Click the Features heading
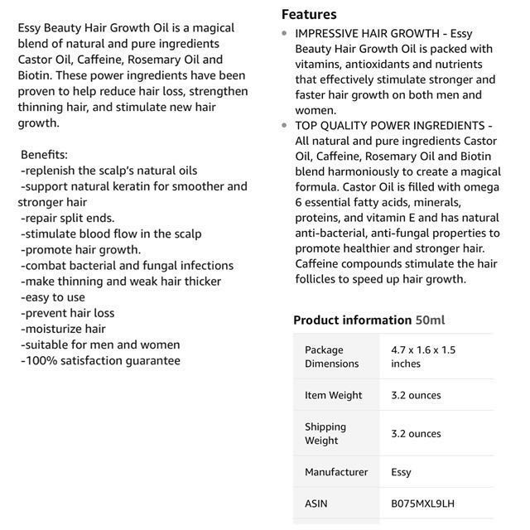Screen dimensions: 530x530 pos(309,14)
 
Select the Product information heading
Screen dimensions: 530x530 pos(352,320)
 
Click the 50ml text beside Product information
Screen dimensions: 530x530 pos(431,320)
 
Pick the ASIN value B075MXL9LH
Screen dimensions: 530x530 pos(422,503)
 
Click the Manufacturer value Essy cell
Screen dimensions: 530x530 pos(401,472)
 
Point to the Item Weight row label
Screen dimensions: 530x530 pos(333,395)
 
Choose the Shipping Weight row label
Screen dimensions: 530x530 pos(325,433)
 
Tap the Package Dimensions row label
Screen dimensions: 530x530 pos(331,356)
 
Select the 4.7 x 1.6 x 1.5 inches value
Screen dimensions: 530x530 pos(423,356)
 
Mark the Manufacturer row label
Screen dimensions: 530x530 pos(336,472)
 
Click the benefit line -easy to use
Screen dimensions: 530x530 pos(53,297)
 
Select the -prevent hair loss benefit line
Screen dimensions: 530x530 pos(68,313)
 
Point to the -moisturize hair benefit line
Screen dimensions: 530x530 pos(64,329)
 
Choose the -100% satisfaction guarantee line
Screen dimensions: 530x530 pos(100,360)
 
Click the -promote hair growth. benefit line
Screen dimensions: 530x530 pos(81,249)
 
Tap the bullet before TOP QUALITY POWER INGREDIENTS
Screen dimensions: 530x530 pos(286,125)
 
